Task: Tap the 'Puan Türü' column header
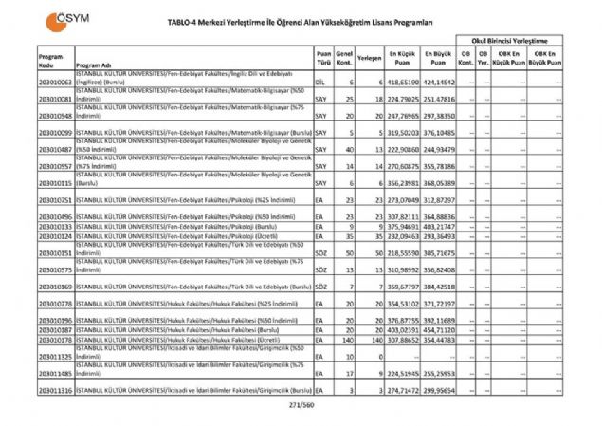(x=323, y=59)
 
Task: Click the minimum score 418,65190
(x=404, y=83)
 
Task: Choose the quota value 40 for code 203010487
(x=351, y=149)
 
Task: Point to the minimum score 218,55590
(x=404, y=254)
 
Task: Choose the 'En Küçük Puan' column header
(x=403, y=59)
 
